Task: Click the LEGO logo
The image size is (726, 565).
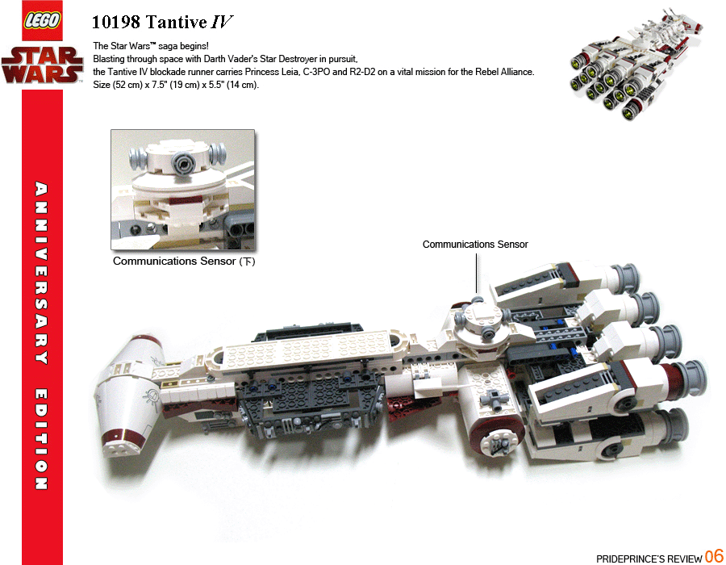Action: click(x=41, y=21)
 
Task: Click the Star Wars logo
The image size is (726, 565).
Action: click(x=42, y=64)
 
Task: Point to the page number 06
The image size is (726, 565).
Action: click(x=714, y=556)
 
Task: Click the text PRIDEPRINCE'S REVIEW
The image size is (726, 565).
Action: click(x=649, y=558)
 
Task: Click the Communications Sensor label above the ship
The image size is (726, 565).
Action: click(x=475, y=244)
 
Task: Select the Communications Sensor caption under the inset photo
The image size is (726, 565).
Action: click(x=183, y=262)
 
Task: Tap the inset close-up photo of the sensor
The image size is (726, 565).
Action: click(x=182, y=190)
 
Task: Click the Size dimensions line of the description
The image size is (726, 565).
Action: click(x=176, y=85)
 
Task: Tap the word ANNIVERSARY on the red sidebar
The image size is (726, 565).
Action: click(x=42, y=274)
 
